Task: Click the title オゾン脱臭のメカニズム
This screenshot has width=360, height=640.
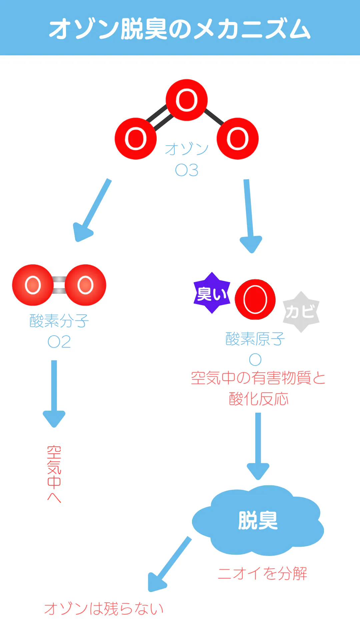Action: [180, 29]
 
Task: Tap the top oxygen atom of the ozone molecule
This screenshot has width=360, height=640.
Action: [187, 100]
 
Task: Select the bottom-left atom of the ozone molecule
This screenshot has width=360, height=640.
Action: [136, 139]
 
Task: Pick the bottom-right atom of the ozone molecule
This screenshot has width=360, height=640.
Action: [238, 139]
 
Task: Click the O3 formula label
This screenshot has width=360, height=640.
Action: [187, 170]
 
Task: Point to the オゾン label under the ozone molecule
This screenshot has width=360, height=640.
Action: [187, 149]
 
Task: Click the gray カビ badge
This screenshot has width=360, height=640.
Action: [301, 312]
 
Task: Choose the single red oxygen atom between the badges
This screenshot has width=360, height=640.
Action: [255, 299]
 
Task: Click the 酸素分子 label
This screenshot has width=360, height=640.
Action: [59, 321]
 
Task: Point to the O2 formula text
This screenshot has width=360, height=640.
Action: [59, 342]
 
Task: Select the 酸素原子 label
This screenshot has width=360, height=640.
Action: [255, 339]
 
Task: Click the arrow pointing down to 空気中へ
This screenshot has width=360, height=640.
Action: [54, 393]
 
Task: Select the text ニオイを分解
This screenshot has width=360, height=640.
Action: [262, 573]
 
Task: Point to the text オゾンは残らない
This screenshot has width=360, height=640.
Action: [104, 609]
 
